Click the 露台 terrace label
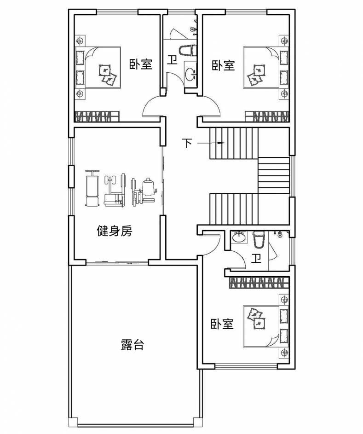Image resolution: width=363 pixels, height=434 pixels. tap(133, 345)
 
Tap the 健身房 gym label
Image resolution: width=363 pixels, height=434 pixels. tap(115, 231)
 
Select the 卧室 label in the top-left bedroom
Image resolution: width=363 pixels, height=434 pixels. tap(140, 64)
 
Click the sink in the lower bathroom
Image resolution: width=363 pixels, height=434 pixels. tap(238, 237)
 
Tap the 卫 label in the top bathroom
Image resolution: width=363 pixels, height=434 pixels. tap(172, 61)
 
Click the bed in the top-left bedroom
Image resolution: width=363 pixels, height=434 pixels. tap(102, 67)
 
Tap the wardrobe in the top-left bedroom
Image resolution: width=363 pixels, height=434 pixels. tap(97, 116)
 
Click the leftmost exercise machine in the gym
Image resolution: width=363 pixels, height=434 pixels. tap(92, 189)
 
